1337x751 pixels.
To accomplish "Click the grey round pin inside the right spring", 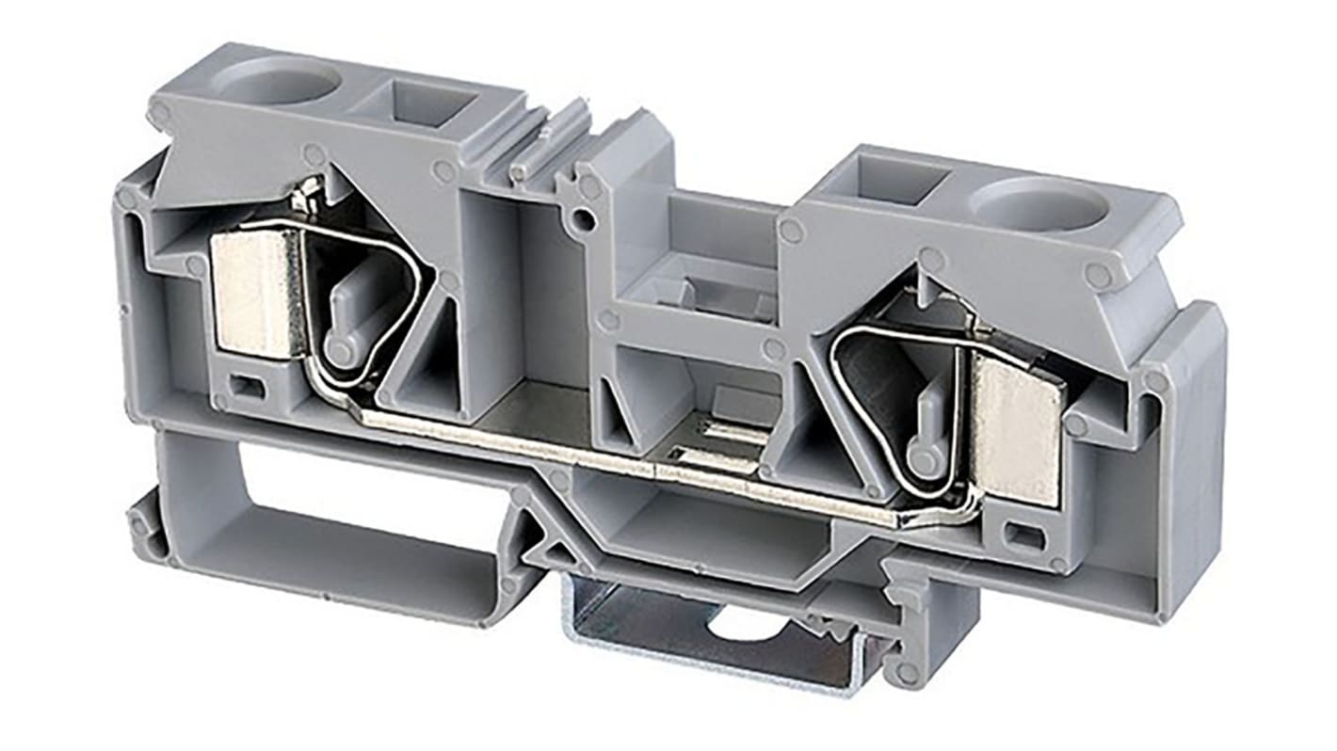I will pos(925,458).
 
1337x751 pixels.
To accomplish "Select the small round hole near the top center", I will pos(586,222).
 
